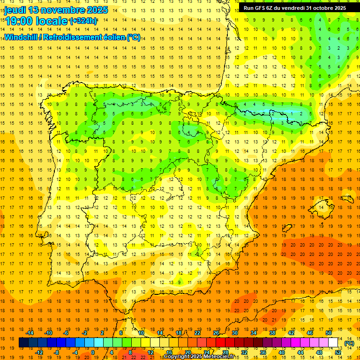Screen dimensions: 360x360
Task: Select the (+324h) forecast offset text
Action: tap(83, 21)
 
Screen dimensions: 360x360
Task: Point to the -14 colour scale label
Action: tap(30, 333)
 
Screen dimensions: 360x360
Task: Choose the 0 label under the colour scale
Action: tap(93, 352)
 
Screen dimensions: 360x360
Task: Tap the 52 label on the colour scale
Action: tap(338, 352)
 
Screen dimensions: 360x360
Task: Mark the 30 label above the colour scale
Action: tap(234, 333)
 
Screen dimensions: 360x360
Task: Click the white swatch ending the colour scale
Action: tap(333, 343)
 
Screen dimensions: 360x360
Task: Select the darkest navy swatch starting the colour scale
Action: tap(23, 343)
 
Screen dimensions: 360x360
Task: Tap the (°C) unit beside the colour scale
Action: tap(349, 343)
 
